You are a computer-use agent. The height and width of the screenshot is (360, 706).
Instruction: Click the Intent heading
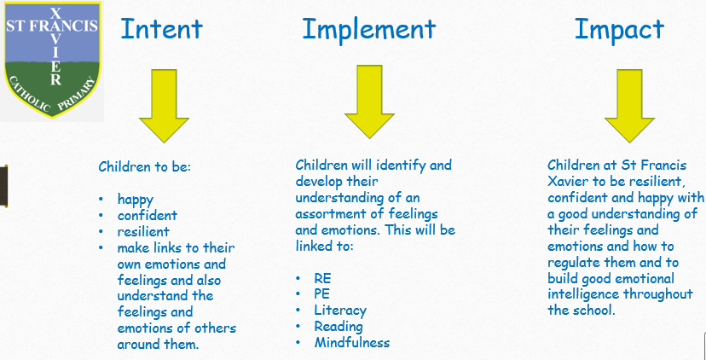[161, 28]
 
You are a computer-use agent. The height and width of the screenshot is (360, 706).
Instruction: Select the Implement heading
[368, 28]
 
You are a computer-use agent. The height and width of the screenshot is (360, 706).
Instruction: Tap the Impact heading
[619, 28]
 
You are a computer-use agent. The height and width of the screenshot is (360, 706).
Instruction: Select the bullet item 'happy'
[136, 200]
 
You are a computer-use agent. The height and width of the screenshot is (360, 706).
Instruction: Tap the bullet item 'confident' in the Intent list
[147, 215]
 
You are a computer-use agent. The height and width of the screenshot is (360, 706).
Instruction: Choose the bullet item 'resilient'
[143, 231]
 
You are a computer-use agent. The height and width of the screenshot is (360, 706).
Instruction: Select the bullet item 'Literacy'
[340, 311]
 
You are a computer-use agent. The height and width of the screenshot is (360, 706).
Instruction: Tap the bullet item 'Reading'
[339, 326]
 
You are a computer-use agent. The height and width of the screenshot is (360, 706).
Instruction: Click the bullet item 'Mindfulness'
[352, 342]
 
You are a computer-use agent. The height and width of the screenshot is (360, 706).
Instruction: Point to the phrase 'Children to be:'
[145, 167]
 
